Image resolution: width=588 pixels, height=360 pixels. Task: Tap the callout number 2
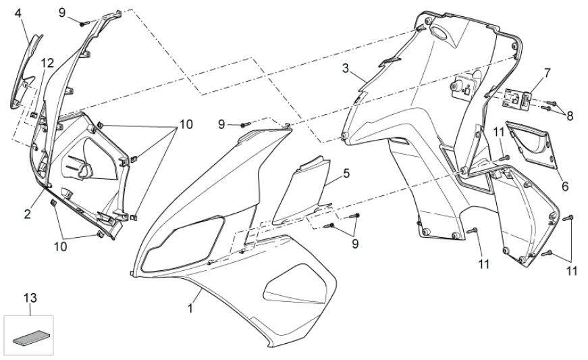pos(28,214)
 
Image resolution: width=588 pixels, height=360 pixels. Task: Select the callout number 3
pos(345,69)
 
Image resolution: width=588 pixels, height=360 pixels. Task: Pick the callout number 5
pos(346,173)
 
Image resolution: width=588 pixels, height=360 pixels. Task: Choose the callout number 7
pos(547,72)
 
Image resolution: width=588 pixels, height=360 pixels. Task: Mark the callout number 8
pos(570,115)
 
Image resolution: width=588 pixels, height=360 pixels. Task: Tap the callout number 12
pos(47,63)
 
